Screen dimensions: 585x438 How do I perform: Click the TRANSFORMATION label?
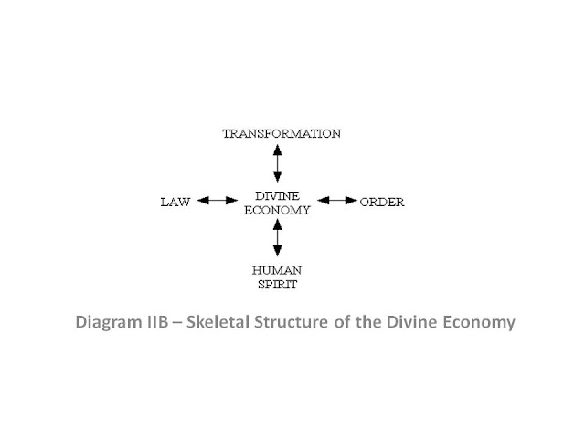[282, 134]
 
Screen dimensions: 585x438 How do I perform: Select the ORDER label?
[382, 201]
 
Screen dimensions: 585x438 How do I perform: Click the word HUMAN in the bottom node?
[277, 270]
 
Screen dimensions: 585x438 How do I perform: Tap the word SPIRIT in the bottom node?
[277, 284]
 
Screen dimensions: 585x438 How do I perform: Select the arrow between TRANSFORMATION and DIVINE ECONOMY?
[278, 164]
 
